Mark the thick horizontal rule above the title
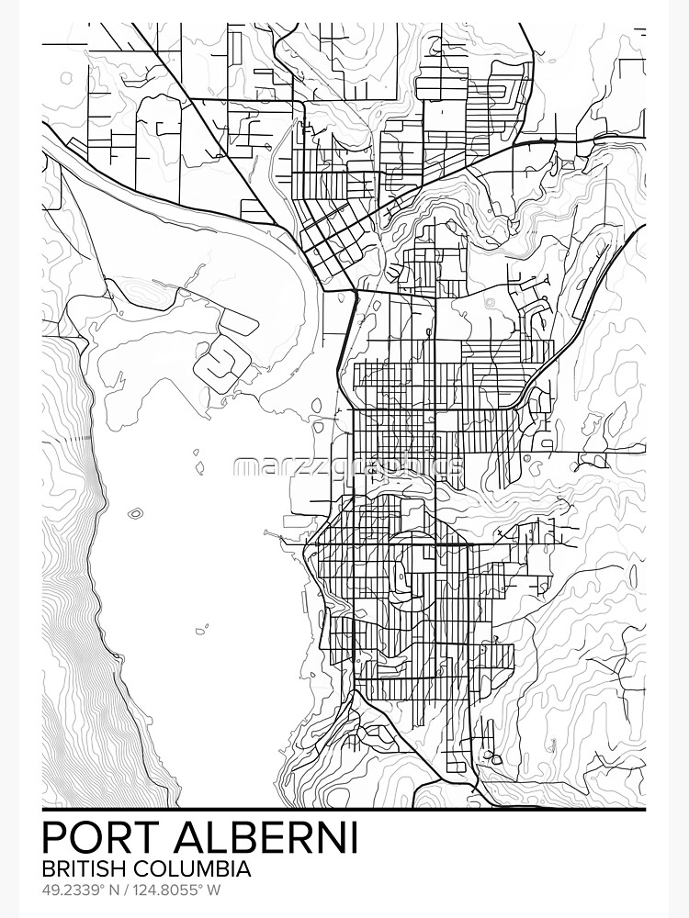pyautogui.click(x=344, y=811)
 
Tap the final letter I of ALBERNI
pyautogui.click(x=353, y=838)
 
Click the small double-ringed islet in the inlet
pyautogui.click(x=136, y=513)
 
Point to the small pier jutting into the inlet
pyautogui.click(x=273, y=532)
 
